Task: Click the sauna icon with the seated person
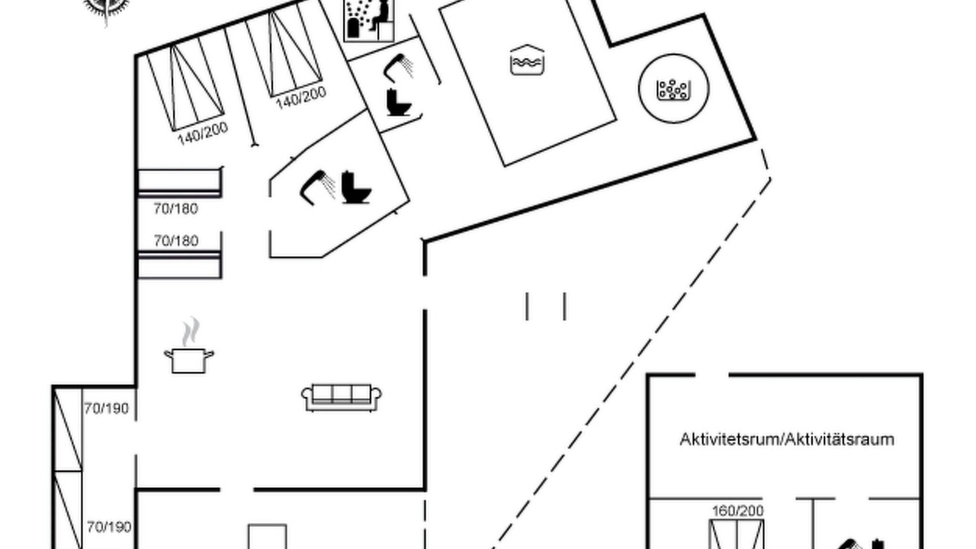click(x=370, y=20)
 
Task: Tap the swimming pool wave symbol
click(x=527, y=60)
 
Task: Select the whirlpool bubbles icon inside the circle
click(x=673, y=89)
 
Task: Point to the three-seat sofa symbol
click(x=342, y=397)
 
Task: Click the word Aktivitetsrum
click(x=730, y=439)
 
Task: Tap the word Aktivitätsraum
click(x=840, y=439)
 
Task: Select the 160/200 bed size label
click(x=737, y=510)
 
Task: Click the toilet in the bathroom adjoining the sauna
click(x=398, y=102)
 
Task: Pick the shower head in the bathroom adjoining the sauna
click(x=398, y=68)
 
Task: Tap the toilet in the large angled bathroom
click(x=355, y=188)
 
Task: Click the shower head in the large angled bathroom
click(x=317, y=188)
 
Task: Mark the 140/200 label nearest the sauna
click(x=300, y=98)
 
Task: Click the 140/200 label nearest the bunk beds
click(x=203, y=133)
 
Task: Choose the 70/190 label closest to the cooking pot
click(x=106, y=409)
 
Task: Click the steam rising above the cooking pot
click(x=191, y=331)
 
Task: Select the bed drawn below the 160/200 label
click(x=737, y=535)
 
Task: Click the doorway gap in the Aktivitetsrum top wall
click(x=712, y=374)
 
